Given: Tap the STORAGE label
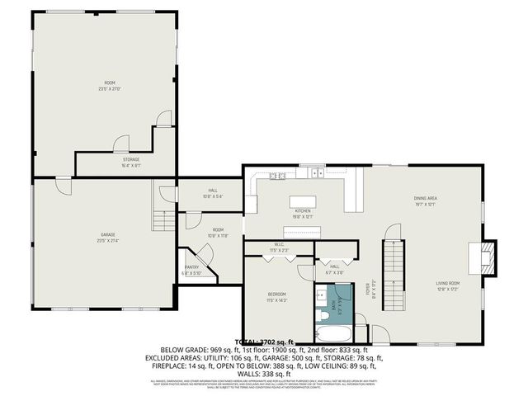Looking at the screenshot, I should pyautogui.click(x=131, y=159).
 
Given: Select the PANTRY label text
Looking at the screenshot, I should pyautogui.click(x=191, y=267).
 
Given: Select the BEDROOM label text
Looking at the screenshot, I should pyautogui.click(x=277, y=295).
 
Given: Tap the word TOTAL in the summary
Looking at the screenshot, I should pyautogui.click(x=247, y=342).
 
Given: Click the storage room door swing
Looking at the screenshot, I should pyautogui.click(x=121, y=142).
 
